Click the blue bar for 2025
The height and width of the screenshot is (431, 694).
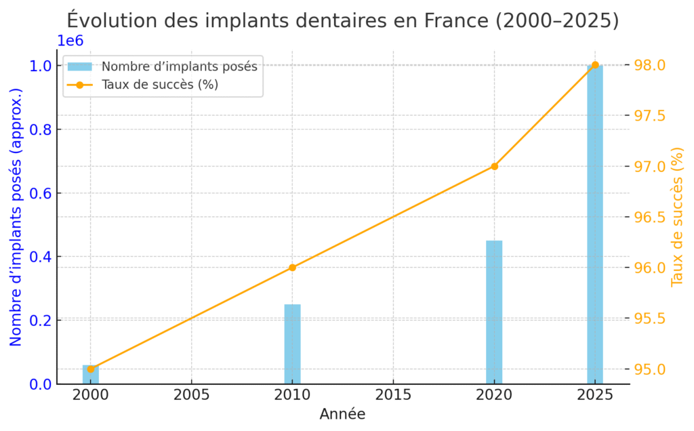pyautogui.click(x=594, y=224)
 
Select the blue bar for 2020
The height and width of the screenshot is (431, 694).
pyautogui.click(x=494, y=312)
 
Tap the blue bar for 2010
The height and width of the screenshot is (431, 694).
pyautogui.click(x=292, y=344)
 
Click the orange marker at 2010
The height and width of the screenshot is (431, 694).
pyautogui.click(x=292, y=268)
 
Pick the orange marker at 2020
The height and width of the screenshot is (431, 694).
pyautogui.click(x=494, y=166)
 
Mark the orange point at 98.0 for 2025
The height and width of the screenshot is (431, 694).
pyautogui.click(x=595, y=65)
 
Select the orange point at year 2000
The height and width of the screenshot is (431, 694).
pyautogui.click(x=91, y=369)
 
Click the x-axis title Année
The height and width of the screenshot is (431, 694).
pyautogui.click(x=342, y=414)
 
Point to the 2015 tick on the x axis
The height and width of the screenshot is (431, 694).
pyautogui.click(x=392, y=394)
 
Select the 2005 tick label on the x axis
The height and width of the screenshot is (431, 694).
pyautogui.click(x=191, y=394)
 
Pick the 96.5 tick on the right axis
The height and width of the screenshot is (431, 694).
pyautogui.click(x=650, y=217)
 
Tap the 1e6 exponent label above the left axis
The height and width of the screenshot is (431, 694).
pyautogui.click(x=70, y=41)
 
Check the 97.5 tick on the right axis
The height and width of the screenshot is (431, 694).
pyautogui.click(x=650, y=116)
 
